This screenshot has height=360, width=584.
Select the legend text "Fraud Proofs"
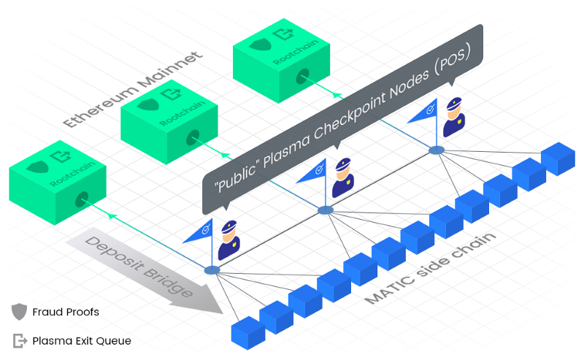(x=66, y=312)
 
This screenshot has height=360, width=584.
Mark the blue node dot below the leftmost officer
(x=212, y=270)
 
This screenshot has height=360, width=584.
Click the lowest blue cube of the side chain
(x=246, y=332)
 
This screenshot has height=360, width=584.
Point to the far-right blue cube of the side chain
(x=558, y=158)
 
